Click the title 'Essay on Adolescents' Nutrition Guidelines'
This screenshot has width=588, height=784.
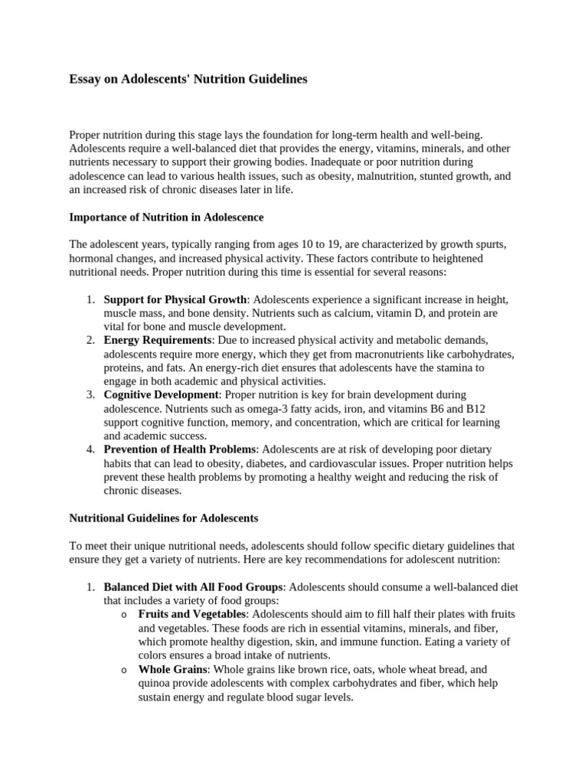(x=188, y=79)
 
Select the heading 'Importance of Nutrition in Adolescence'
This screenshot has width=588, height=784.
(x=166, y=217)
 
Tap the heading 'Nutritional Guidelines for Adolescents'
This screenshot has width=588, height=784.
(x=164, y=518)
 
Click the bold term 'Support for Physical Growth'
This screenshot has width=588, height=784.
(x=175, y=299)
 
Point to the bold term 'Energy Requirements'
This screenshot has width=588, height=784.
(x=158, y=340)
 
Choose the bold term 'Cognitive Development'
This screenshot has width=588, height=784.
(x=162, y=395)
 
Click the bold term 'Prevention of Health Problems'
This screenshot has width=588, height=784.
(x=181, y=449)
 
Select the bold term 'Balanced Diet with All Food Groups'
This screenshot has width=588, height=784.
(x=194, y=587)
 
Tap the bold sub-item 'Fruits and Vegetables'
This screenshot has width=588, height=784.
(x=192, y=615)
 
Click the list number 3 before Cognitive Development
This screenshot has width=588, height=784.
(x=90, y=395)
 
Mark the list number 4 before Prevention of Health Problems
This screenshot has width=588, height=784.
(x=90, y=449)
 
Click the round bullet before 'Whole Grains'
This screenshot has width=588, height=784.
(x=125, y=671)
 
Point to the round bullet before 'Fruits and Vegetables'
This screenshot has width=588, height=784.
(x=125, y=616)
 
